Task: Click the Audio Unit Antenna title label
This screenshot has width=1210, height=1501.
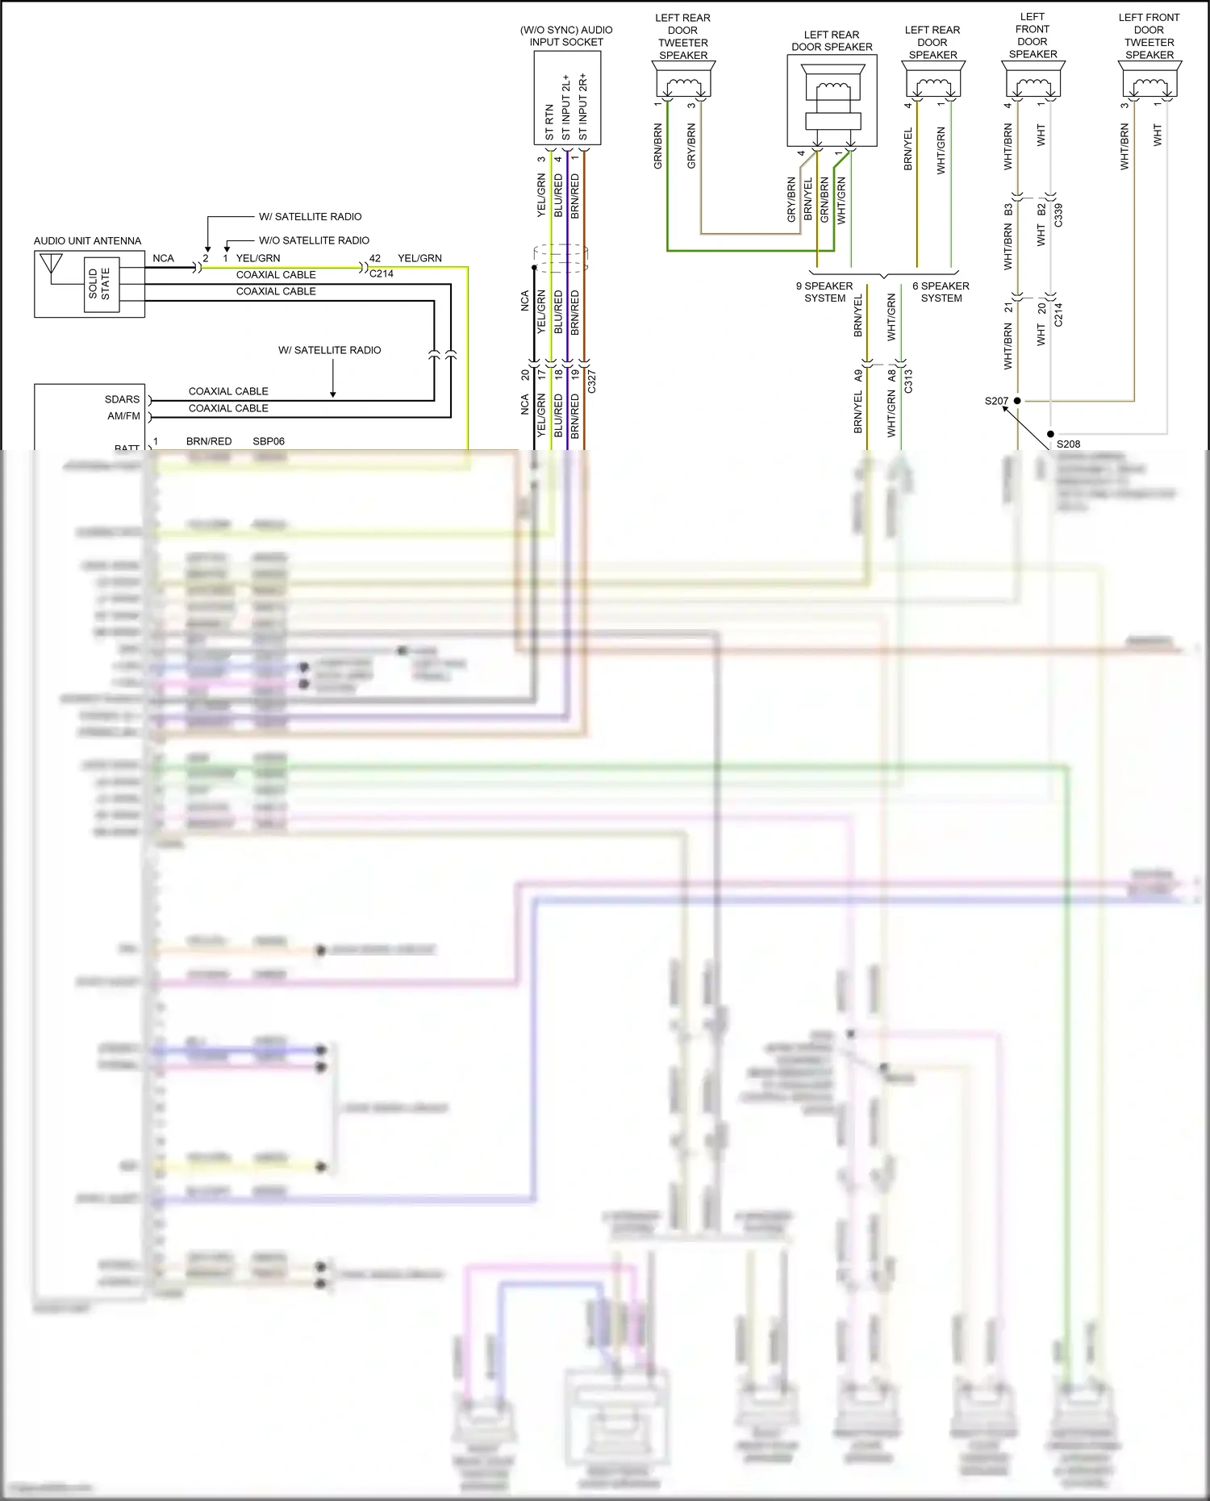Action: [x=87, y=241]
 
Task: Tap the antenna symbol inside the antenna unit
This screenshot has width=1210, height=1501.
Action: [x=51, y=266]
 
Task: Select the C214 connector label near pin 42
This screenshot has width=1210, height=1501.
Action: [x=382, y=273]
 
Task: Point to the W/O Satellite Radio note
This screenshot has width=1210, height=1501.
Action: [x=314, y=240]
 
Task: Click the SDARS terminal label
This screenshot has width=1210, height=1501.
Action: [x=122, y=399]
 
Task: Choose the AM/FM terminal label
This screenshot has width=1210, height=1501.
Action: [x=123, y=416]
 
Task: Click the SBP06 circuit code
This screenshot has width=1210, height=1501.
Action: [x=269, y=441]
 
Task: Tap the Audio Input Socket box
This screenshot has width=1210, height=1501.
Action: [x=567, y=98]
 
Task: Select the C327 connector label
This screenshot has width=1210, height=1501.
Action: [x=591, y=382]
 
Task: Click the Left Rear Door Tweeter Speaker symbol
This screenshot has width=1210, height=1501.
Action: [x=683, y=81]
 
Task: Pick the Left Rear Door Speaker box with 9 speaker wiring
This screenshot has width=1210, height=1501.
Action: [x=832, y=101]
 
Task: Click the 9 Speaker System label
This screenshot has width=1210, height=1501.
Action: [x=824, y=292]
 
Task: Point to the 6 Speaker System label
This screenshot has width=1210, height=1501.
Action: [x=941, y=292]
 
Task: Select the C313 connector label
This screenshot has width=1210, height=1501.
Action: [x=908, y=381]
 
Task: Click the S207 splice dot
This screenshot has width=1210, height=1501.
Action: [x=1017, y=401]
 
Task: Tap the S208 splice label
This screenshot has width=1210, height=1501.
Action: [x=1068, y=444]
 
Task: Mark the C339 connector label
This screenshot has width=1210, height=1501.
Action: [x=1058, y=215]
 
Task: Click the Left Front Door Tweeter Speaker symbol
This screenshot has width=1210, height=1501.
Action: [x=1149, y=81]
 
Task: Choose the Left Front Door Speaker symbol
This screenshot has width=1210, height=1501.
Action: [x=1033, y=81]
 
